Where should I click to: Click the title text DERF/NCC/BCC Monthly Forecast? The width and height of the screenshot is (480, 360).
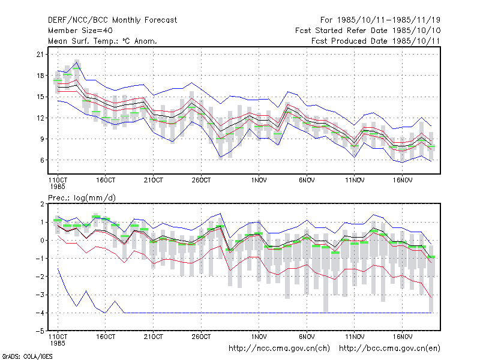coord(112,20)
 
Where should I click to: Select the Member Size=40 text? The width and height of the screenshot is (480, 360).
coord(80,31)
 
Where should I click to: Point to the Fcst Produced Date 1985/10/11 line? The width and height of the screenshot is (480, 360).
coord(376,41)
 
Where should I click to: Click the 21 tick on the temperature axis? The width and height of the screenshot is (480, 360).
coord(40,55)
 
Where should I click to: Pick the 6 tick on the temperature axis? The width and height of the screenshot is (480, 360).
coord(42,160)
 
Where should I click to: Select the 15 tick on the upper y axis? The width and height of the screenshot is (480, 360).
coord(40,97)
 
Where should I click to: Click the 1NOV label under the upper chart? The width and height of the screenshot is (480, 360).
coord(259,181)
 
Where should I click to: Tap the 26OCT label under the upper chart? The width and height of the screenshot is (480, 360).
coord(201,181)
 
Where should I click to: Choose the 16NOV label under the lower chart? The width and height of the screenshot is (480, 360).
coord(402,337)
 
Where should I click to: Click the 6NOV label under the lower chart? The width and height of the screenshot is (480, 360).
coord(307,337)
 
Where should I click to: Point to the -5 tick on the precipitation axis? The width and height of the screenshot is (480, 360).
coord(40,331)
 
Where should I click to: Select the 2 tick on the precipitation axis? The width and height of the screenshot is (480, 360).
coord(42,204)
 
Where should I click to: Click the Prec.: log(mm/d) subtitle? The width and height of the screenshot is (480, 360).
coord(82,198)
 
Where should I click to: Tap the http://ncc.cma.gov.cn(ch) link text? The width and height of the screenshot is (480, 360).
coord(279,349)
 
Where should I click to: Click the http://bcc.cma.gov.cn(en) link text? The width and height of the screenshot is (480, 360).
coord(389,349)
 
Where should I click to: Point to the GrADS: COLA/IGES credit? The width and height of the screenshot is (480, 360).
coord(27,356)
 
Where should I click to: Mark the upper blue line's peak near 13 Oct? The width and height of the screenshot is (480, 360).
coord(77,62)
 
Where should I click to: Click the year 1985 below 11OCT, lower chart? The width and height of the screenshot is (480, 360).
coord(58,343)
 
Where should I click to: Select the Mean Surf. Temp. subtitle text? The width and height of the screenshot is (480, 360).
coord(103,41)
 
